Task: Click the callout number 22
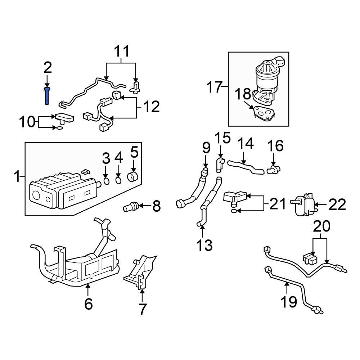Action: pos(337,205)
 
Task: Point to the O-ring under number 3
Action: pos(107,180)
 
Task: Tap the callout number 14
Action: pos(245,144)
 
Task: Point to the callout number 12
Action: pos(151,107)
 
